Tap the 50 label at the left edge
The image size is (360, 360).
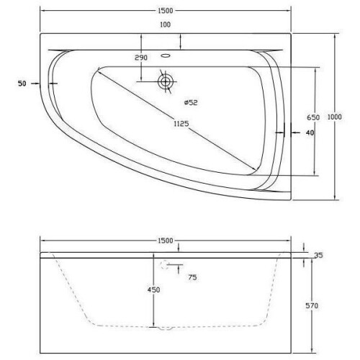click(x=22, y=84)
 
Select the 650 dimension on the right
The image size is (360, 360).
click(x=312, y=117)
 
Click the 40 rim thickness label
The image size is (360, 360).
click(x=310, y=133)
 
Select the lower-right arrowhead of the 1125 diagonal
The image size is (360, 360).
click(x=256, y=171)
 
